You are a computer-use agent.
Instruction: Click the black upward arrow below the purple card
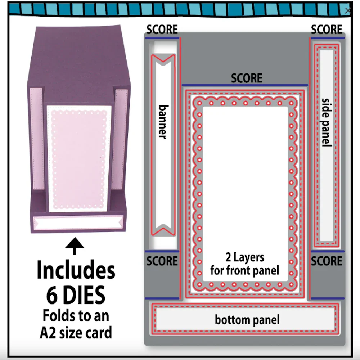75,246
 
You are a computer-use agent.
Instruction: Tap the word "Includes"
76,270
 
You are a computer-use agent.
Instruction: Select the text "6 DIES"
76,295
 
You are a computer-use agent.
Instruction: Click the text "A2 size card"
76,332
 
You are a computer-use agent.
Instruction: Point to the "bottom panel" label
247,320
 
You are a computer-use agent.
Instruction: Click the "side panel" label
327,122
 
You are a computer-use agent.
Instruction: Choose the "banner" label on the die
163,122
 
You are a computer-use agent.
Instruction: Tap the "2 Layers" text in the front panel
245,257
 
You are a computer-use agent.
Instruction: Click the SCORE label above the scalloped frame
247,78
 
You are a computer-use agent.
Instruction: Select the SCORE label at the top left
162,30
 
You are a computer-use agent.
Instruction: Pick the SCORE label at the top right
327,30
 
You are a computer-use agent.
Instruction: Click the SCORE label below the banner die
162,261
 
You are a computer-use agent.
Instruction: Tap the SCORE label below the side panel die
327,261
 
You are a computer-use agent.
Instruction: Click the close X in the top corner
348,10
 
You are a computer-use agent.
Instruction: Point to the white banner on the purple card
78,223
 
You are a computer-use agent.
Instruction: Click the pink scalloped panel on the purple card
79,159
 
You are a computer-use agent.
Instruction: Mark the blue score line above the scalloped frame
245,85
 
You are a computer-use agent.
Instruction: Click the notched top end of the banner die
163,59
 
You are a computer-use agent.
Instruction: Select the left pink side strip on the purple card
37,139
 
